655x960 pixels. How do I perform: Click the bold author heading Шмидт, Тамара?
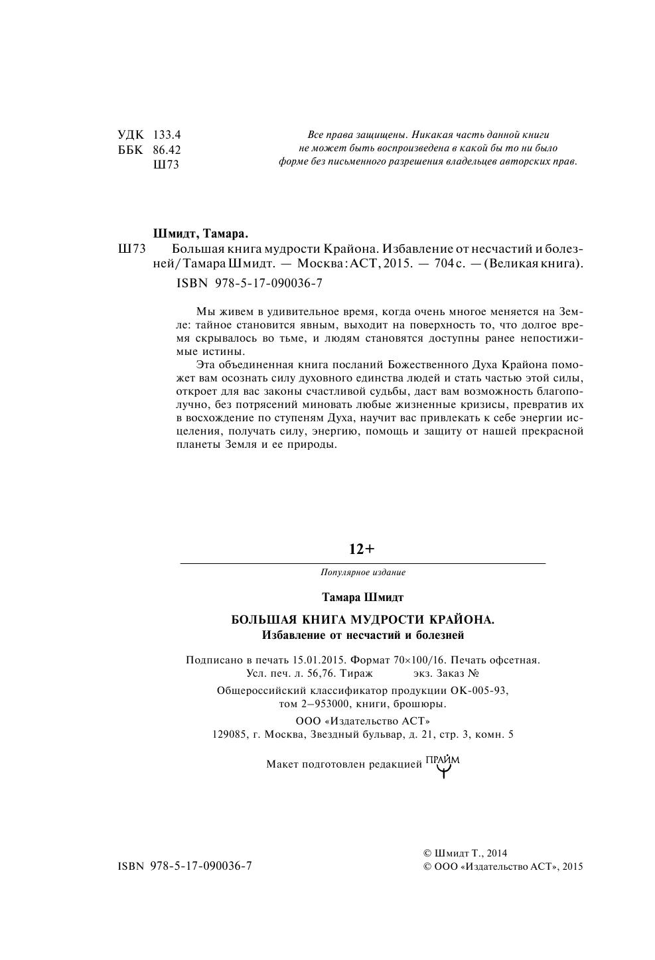[x=200, y=234]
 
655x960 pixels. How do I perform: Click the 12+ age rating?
[x=362, y=549]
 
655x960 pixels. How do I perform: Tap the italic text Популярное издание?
[x=362, y=572]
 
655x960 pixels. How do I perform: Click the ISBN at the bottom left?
[x=184, y=866]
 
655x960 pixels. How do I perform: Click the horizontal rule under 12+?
[x=362, y=563]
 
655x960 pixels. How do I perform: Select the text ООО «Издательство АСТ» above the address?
[x=362, y=721]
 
